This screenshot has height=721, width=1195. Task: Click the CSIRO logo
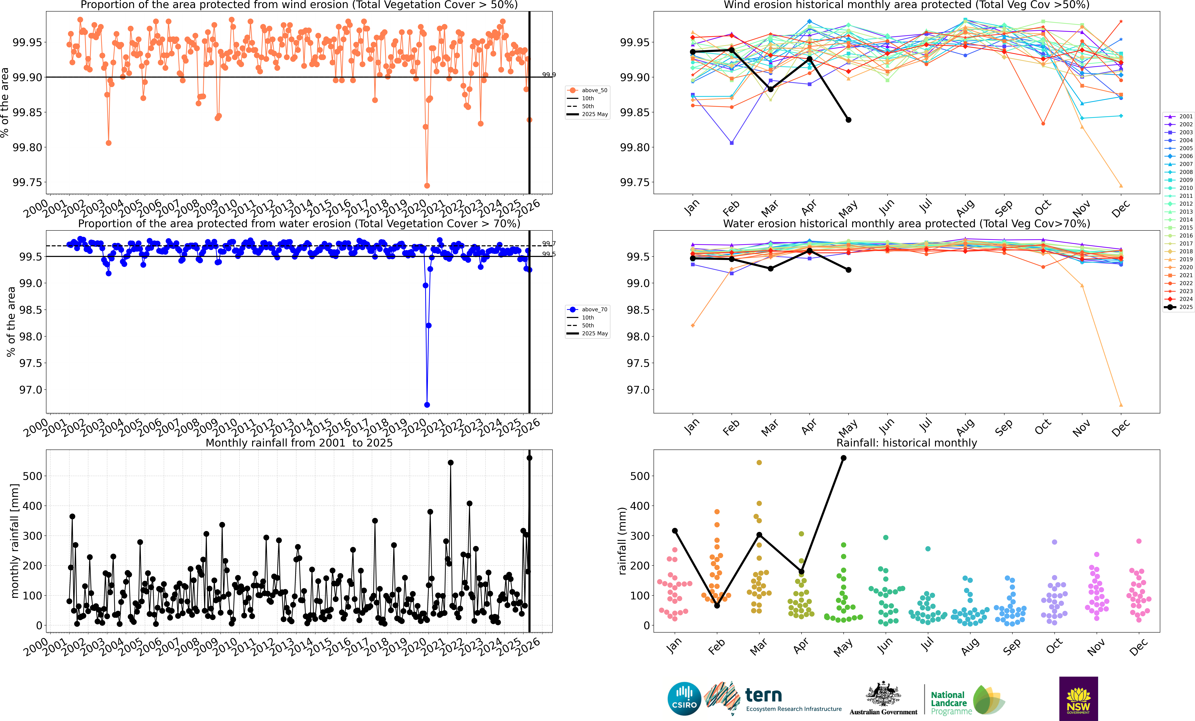(684, 699)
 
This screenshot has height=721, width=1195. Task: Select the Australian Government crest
(883, 694)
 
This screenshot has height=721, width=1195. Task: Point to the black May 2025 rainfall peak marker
(529, 458)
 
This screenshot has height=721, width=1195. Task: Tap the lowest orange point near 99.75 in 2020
(427, 186)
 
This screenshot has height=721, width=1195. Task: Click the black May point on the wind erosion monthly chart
(848, 120)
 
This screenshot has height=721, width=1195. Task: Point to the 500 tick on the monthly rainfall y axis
(33, 476)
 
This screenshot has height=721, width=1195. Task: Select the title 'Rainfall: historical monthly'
(906, 443)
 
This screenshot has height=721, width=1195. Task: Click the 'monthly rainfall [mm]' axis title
(15, 541)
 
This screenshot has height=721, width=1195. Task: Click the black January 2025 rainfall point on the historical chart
(675, 531)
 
